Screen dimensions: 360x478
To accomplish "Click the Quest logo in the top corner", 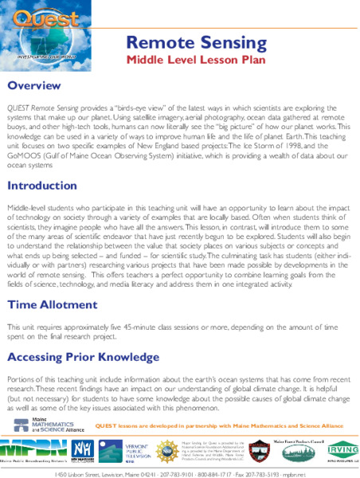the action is click(x=37, y=31).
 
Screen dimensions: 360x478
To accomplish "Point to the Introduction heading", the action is click(x=47, y=186).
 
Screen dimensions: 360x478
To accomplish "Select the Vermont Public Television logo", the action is click(x=128, y=449).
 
